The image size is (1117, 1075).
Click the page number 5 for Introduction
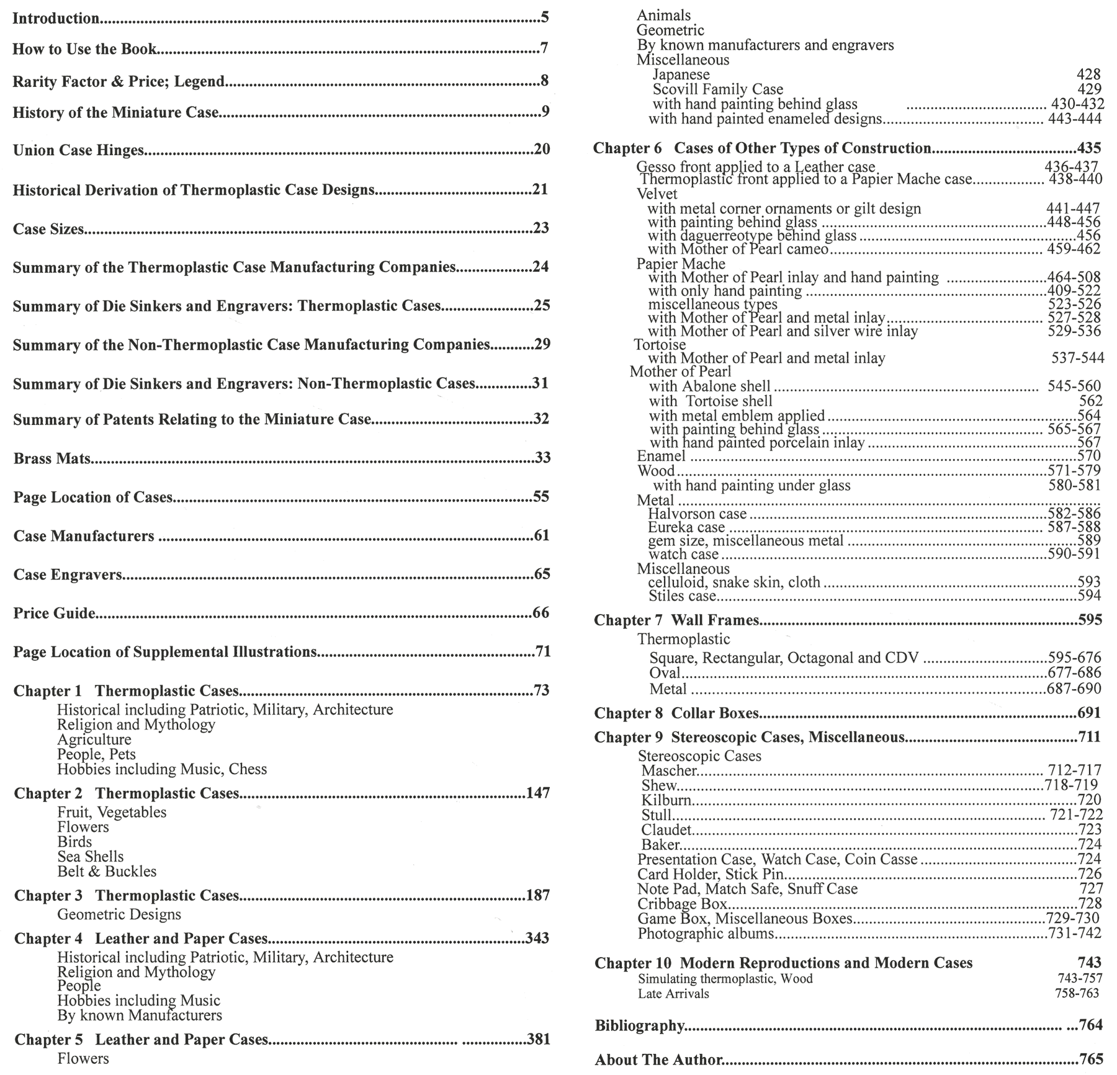click(545, 17)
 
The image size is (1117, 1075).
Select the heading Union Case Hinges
click(79, 150)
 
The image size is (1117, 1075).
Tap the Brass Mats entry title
click(52, 459)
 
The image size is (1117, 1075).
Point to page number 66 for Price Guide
click(541, 613)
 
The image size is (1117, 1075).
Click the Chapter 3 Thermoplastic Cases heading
click(127, 896)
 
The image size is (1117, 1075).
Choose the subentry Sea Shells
click(90, 857)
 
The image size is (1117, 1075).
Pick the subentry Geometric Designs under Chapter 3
click(119, 914)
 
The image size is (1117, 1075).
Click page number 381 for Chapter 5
click(538, 1039)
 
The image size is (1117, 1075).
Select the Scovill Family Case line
click(717, 89)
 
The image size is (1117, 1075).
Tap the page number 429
click(1089, 89)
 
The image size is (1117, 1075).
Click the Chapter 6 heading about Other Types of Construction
click(762, 148)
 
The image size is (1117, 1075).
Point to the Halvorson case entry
click(697, 514)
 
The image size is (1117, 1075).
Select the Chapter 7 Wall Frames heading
click(676, 620)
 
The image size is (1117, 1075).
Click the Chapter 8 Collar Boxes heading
click(676, 713)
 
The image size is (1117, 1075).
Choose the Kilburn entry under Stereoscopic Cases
click(666, 800)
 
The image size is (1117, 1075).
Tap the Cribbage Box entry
click(682, 904)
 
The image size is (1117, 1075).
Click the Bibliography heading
click(639, 1025)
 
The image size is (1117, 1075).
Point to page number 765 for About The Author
click(1090, 1059)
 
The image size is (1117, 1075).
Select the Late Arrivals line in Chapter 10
click(673, 994)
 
